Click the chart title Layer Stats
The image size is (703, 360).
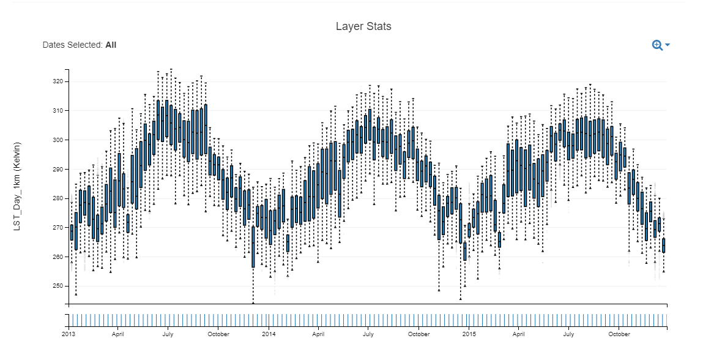363,26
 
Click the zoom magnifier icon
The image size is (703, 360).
657,45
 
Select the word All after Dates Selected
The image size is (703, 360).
111,45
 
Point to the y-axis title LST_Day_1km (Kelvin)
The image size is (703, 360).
17,187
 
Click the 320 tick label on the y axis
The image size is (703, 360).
58,81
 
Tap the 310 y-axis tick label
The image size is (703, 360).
58,111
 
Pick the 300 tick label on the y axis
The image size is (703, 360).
58,140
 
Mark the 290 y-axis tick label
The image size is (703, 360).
58,169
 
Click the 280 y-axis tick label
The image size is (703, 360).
58,198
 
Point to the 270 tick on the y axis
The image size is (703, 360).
58,228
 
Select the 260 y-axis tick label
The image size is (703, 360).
58,257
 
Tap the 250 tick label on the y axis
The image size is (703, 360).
58,286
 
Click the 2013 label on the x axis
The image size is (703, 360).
69,334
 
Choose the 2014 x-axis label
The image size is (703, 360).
269,334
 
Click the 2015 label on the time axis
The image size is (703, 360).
469,334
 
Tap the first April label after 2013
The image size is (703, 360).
118,334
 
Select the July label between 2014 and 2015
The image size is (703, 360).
368,334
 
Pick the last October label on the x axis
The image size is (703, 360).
619,334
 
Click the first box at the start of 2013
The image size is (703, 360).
72,233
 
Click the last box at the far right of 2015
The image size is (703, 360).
664,246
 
